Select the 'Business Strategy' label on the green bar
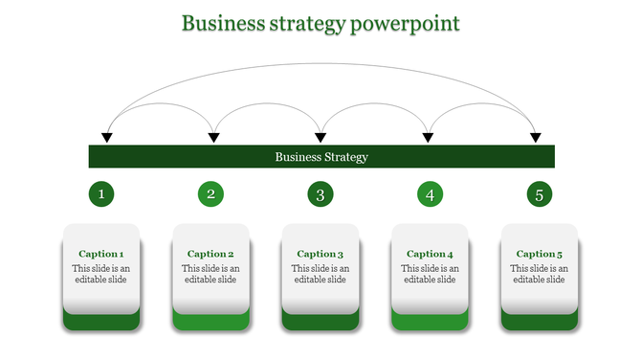tap(321, 157)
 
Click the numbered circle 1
tap(101, 195)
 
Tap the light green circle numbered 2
tap(210, 195)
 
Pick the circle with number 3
tap(320, 195)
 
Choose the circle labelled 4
tap(430, 195)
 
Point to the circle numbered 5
tap(540, 195)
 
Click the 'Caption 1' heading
tap(101, 254)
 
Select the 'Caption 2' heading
tap(210, 254)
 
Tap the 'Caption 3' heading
tap(320, 254)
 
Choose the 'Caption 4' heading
tap(430, 254)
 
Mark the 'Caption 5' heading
tap(540, 254)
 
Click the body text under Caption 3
tap(320, 274)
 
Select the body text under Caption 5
tap(540, 274)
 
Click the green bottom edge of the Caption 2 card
tap(210, 323)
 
